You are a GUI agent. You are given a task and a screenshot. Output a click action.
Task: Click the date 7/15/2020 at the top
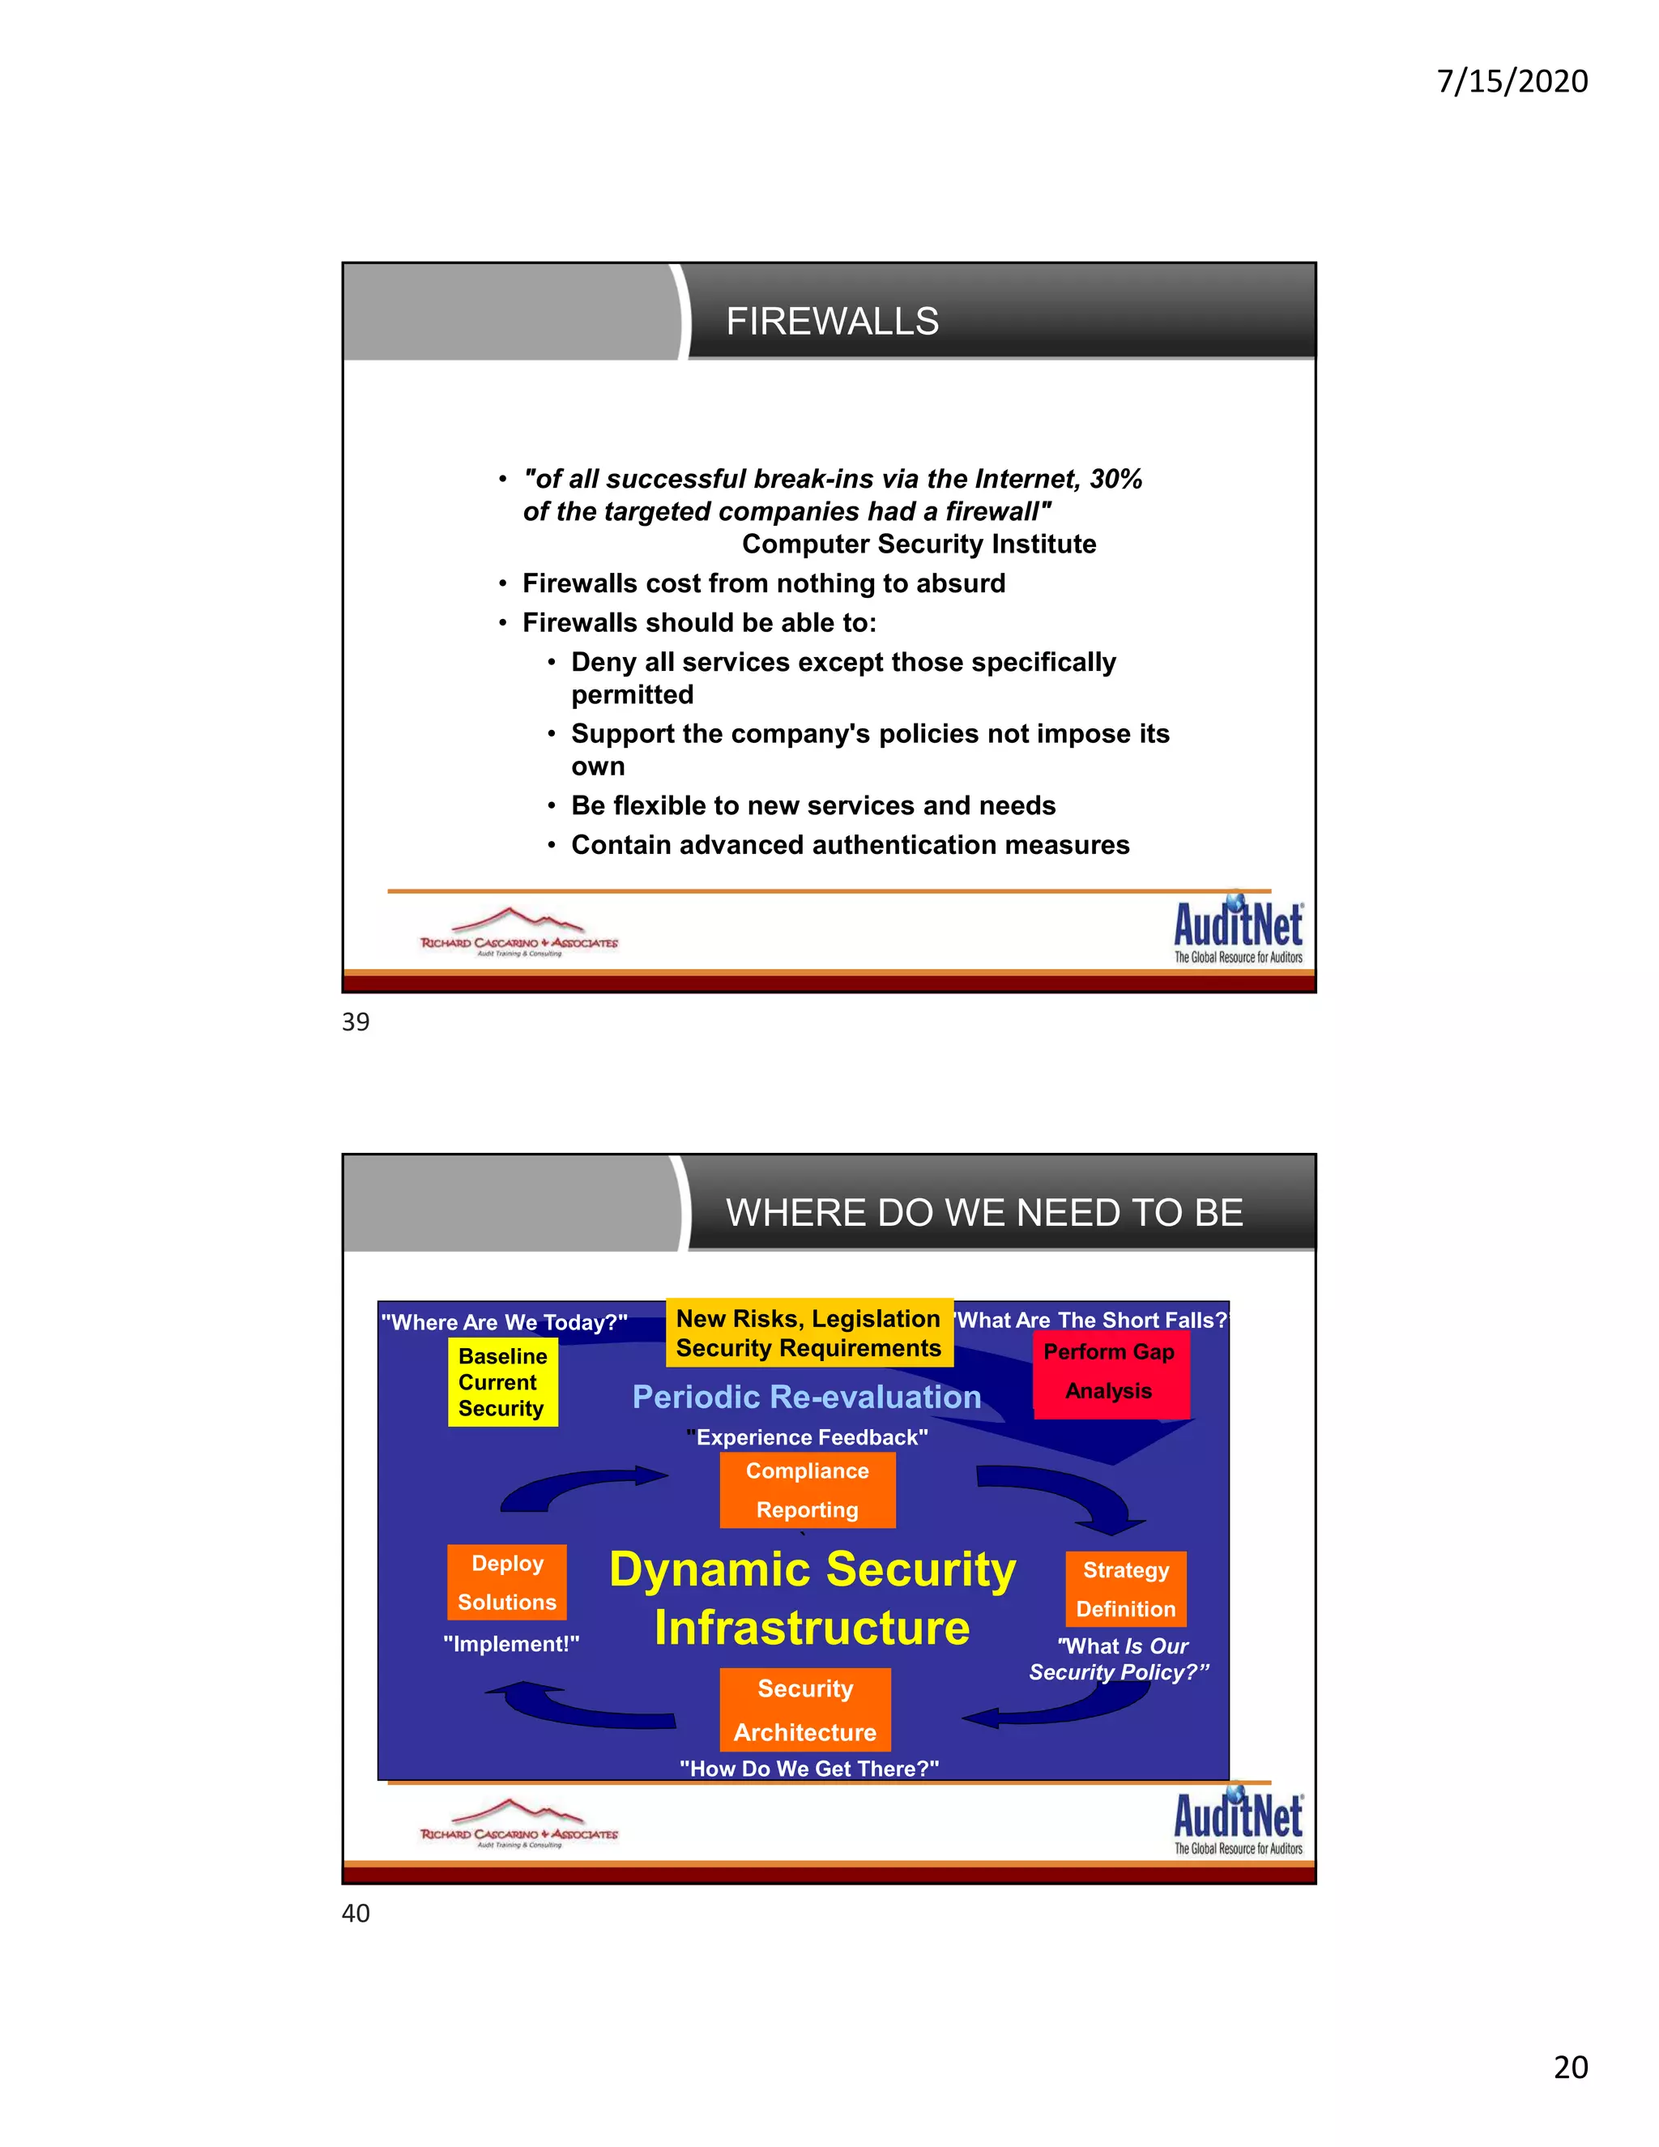coord(1512,80)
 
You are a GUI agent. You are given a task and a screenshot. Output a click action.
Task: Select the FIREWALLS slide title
coord(831,322)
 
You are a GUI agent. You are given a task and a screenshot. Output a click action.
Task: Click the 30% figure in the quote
coord(1115,479)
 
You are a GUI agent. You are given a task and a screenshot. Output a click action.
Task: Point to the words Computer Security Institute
coord(918,544)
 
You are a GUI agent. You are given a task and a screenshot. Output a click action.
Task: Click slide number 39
coord(356,1022)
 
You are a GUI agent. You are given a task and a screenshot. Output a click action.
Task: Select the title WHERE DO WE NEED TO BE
coord(983,1212)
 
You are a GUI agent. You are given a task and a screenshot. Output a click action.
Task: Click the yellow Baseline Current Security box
coord(502,1382)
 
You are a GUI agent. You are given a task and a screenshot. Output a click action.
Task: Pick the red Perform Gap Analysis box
coord(1110,1372)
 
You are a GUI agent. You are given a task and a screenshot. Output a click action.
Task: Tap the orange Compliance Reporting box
coord(807,1490)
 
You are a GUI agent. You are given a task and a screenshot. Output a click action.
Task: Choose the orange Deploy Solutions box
coord(507,1583)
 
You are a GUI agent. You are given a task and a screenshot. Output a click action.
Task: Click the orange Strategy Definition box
coord(1126,1589)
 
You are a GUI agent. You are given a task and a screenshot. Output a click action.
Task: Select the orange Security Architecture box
coord(805,1709)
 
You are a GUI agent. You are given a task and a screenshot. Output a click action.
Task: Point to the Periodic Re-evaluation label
coord(807,1397)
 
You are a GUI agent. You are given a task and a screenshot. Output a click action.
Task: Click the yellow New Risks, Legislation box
coord(809,1333)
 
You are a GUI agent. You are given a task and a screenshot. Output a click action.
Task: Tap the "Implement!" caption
coord(511,1644)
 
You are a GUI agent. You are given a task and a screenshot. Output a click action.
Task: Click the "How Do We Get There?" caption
coord(809,1769)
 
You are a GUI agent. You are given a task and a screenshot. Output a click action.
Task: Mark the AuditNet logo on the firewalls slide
coord(1238,930)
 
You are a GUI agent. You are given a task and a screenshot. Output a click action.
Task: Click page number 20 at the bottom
coord(1571,2067)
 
